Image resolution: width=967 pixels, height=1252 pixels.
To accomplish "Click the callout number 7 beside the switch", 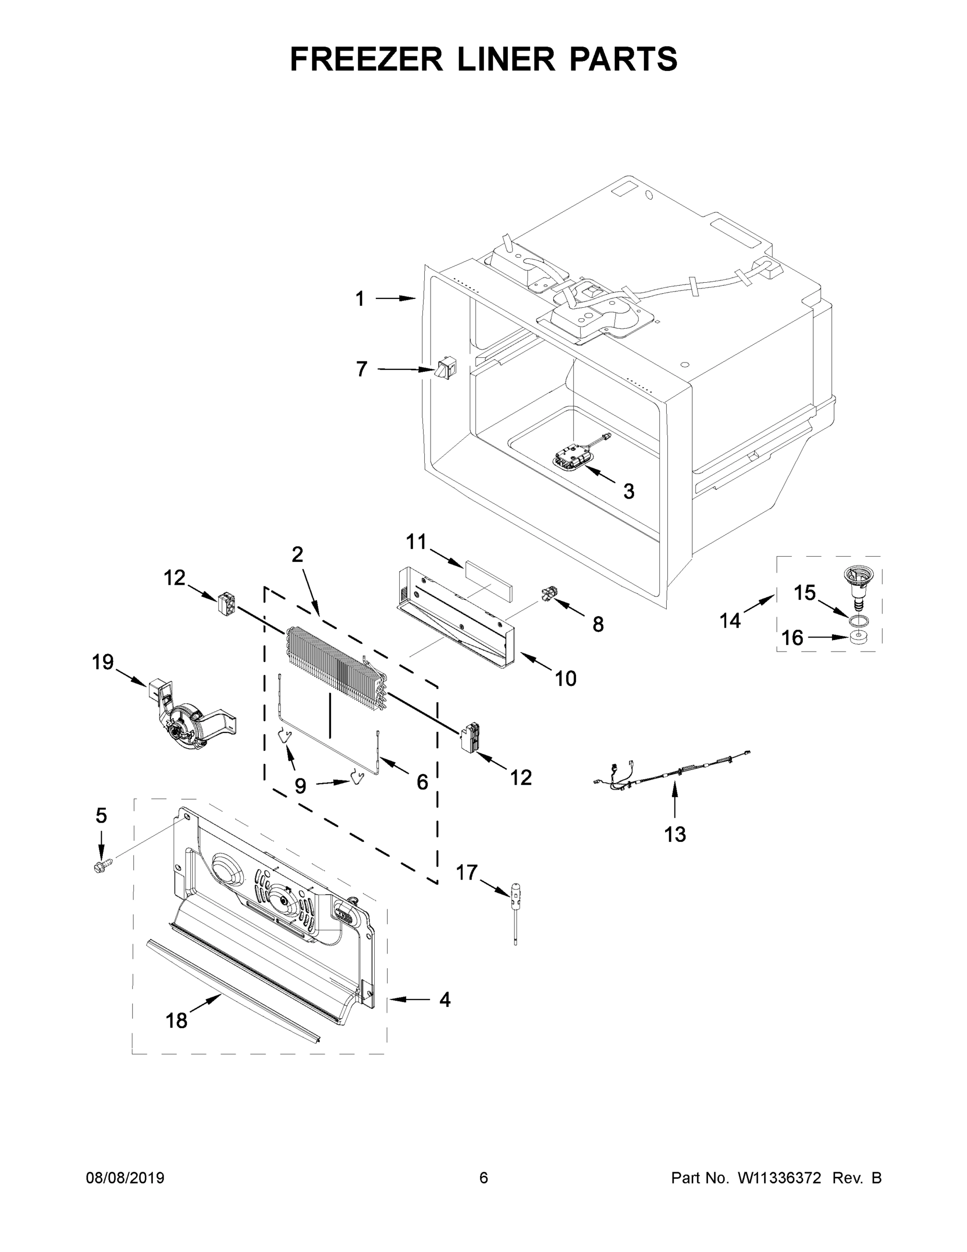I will tap(361, 369).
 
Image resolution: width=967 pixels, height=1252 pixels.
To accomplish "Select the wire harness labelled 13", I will tap(670, 771).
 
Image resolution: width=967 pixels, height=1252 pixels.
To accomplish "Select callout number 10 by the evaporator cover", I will tap(566, 679).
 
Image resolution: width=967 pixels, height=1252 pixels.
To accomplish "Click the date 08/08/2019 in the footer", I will tap(125, 1178).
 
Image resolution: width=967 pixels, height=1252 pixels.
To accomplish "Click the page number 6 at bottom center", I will tap(484, 1178).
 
